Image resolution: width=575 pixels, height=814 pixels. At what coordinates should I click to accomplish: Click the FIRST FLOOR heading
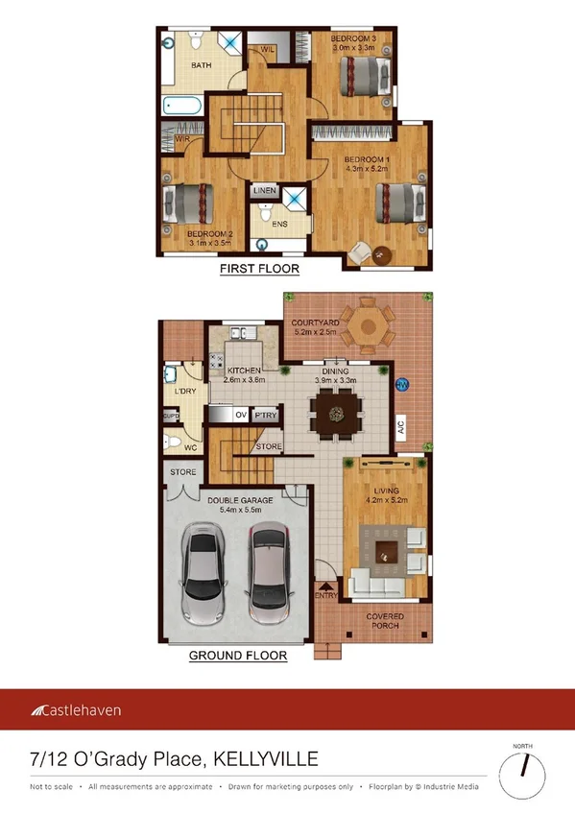pos(259,269)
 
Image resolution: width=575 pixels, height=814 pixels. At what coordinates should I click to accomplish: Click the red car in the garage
pos(268,572)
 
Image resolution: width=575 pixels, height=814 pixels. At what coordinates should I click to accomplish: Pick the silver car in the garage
pos(203,575)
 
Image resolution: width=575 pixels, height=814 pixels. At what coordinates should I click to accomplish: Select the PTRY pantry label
pos(264,416)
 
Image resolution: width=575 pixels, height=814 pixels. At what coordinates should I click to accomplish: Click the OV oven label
pos(241,416)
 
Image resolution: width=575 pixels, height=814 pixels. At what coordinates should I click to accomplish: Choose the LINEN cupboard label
pos(265,191)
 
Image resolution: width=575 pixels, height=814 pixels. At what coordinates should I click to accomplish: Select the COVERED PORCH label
pos(385,621)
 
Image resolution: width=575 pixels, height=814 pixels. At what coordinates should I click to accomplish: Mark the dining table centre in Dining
pos(337,414)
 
